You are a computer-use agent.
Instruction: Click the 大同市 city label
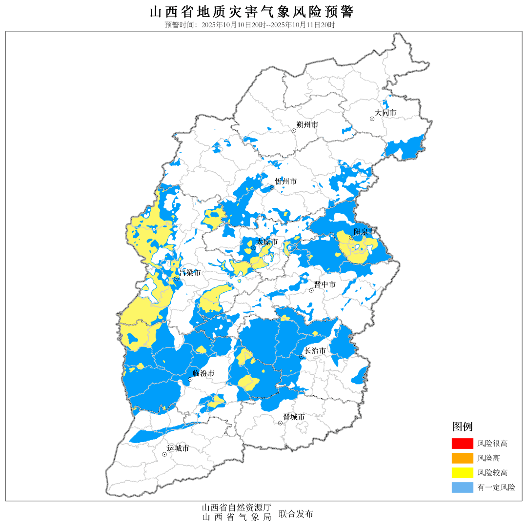385,113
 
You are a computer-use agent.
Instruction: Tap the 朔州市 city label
307,125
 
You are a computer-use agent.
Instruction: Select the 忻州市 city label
285,182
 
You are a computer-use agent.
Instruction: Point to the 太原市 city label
267,242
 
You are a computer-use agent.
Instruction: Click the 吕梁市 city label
190,273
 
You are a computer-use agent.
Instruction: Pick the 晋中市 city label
324,284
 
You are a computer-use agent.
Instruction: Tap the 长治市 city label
315,351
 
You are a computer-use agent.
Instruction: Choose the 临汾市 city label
203,373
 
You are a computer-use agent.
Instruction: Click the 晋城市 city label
294,417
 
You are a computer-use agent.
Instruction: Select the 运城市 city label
178,448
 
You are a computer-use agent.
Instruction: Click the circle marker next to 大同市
372,119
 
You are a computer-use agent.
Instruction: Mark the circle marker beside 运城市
164,454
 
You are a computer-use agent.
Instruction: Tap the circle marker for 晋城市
281,423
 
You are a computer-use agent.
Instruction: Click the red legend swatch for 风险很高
462,444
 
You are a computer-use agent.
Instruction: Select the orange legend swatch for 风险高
462,458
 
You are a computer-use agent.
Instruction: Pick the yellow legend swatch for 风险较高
462,472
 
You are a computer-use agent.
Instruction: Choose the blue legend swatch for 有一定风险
462,487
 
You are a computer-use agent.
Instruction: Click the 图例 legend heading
462,427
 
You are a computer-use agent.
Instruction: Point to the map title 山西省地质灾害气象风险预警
251,12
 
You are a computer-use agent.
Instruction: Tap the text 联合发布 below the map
296,514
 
